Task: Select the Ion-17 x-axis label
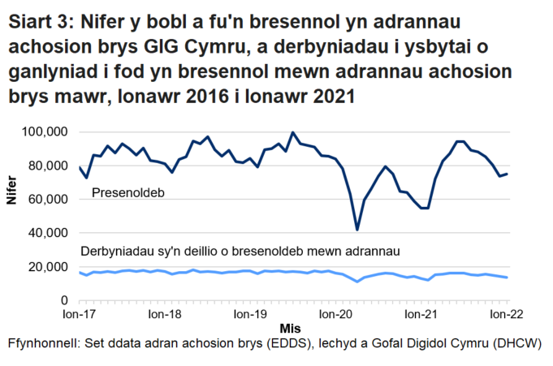coord(79,312)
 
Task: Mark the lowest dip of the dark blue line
coord(357,230)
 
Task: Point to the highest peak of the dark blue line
coord(293,132)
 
